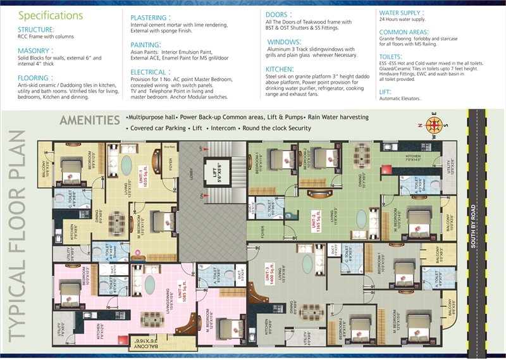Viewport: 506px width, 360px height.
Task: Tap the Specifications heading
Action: point(51,15)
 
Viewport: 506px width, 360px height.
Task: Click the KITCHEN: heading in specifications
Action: point(279,69)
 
